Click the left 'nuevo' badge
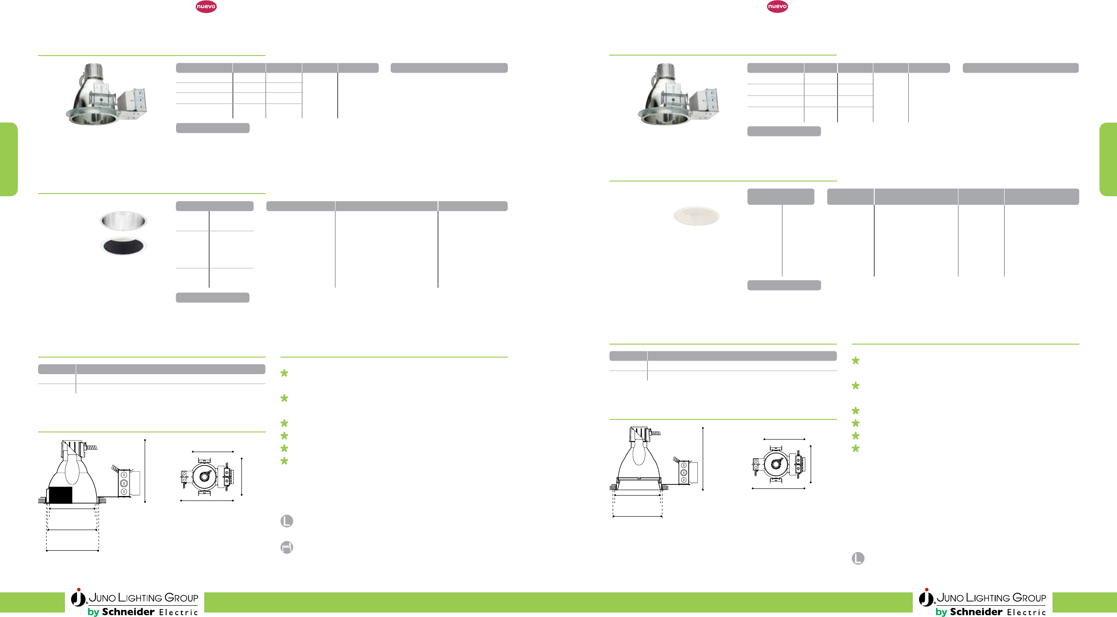click(206, 6)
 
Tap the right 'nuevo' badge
click(777, 6)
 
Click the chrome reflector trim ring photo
click(123, 220)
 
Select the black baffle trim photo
click(123, 246)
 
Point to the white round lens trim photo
click(696, 216)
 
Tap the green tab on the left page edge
click(9, 159)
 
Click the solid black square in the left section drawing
click(60, 495)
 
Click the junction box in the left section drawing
click(124, 483)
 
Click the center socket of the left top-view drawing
click(205, 476)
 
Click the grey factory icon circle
click(287, 547)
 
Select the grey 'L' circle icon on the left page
click(287, 521)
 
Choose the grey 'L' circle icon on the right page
click(858, 558)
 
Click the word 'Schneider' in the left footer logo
click(128, 612)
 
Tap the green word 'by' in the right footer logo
click(941, 612)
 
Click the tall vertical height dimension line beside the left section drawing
click(145, 470)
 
